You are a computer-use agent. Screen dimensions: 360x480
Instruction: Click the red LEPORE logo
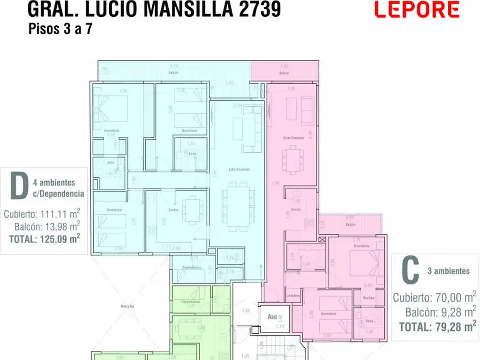(417, 9)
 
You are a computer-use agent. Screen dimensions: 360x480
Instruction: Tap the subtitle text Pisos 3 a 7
(60, 29)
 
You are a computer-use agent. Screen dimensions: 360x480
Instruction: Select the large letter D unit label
(18, 186)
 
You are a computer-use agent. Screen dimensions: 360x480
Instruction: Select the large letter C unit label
(410, 271)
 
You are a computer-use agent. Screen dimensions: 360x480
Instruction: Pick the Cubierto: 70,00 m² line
(435, 297)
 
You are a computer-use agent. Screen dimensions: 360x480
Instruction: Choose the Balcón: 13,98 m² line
(47, 226)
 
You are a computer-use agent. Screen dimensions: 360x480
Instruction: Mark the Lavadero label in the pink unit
(294, 295)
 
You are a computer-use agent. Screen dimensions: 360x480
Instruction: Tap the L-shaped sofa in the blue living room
(252, 128)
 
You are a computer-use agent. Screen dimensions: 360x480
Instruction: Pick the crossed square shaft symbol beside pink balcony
(322, 239)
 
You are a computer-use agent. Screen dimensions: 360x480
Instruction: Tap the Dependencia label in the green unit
(191, 301)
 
